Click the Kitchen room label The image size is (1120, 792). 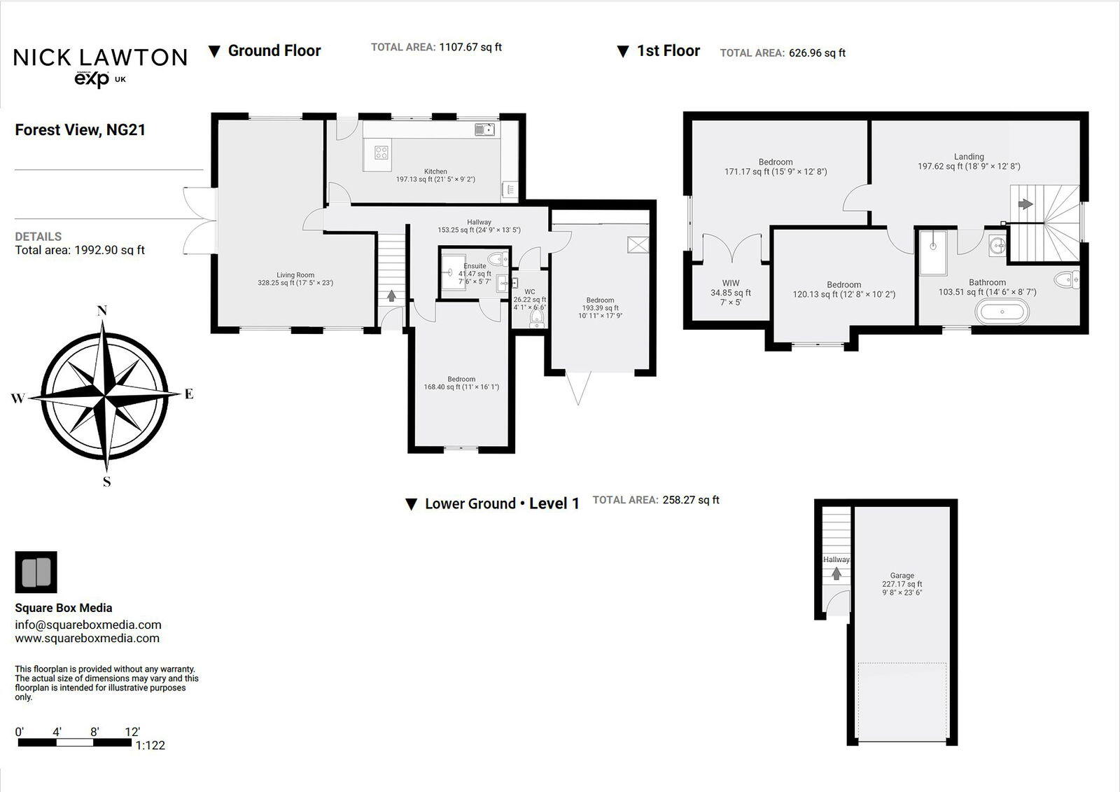(x=435, y=172)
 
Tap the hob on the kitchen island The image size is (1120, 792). (x=381, y=152)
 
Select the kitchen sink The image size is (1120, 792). (x=484, y=129)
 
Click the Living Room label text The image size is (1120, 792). (x=295, y=275)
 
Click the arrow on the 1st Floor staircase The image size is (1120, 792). (x=1025, y=204)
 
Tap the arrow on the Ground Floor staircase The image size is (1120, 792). (x=391, y=296)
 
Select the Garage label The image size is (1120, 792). (x=902, y=576)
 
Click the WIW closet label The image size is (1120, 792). (x=730, y=284)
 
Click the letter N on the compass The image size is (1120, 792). (x=102, y=311)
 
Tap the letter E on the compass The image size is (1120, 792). (x=188, y=394)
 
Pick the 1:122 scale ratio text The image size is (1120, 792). (x=150, y=745)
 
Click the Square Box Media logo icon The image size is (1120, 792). (x=36, y=572)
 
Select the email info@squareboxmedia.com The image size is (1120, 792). (x=88, y=625)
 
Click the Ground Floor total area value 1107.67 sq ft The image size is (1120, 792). (x=470, y=48)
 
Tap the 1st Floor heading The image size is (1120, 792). (x=668, y=51)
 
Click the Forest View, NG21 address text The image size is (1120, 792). (x=80, y=130)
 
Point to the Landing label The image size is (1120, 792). (x=969, y=157)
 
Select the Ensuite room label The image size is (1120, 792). (x=475, y=266)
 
